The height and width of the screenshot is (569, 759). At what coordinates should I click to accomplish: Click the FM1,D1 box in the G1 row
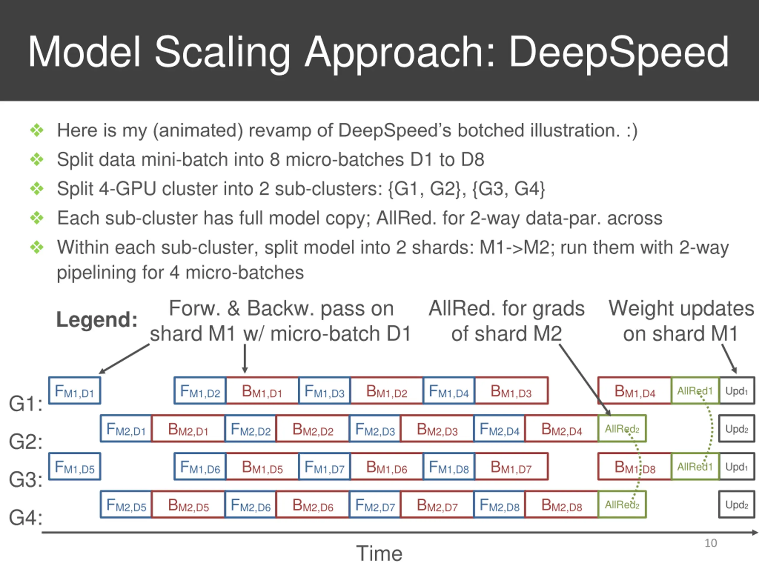[x=74, y=390]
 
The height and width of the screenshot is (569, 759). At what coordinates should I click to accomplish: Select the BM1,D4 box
[x=634, y=390]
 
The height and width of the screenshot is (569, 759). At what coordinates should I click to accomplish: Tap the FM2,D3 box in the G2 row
[x=375, y=428]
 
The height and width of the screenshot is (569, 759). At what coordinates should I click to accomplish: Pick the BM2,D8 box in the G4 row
[x=562, y=504]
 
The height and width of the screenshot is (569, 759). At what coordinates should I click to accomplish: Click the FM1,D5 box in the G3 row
[x=74, y=466]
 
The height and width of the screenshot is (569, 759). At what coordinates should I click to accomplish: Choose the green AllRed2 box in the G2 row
[x=622, y=428]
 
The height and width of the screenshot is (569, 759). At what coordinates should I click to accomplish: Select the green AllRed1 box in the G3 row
[x=695, y=466]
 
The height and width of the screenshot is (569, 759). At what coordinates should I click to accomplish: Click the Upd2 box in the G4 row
[x=737, y=504]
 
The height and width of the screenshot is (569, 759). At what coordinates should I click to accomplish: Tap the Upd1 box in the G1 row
[x=737, y=390]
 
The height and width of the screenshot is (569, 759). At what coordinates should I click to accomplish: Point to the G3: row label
[x=26, y=479]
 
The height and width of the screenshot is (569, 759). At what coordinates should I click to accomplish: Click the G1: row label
[x=26, y=403]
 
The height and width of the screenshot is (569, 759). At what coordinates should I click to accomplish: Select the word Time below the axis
[x=379, y=553]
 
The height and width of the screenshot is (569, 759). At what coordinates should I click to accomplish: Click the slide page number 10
[x=711, y=543]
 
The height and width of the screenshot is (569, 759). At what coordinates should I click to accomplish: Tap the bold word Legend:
[x=97, y=319]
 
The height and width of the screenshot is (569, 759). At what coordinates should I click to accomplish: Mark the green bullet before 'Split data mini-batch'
[x=37, y=159]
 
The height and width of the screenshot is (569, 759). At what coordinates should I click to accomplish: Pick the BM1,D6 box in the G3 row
[x=387, y=466]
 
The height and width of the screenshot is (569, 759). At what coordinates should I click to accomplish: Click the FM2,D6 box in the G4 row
[x=251, y=504]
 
